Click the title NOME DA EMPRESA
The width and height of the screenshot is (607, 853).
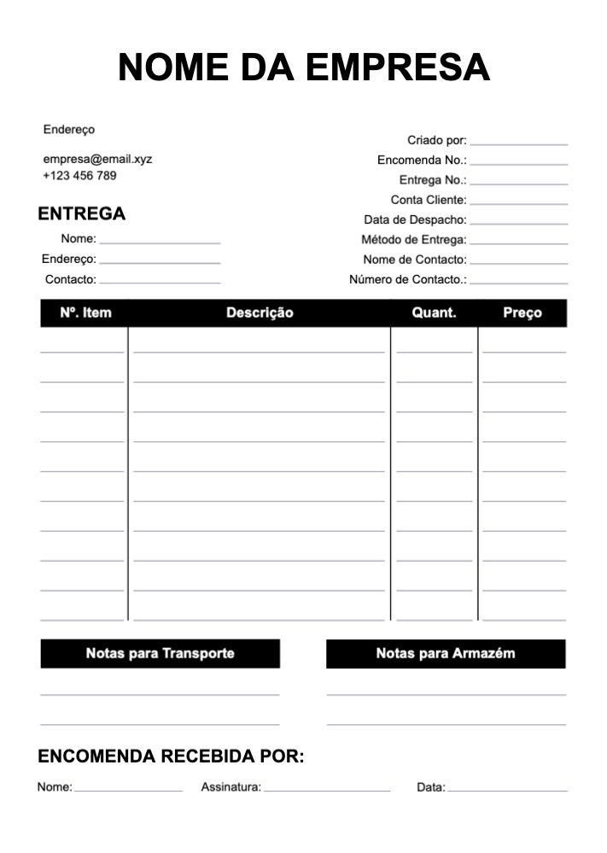(304, 67)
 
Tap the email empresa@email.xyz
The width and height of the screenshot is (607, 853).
(97, 159)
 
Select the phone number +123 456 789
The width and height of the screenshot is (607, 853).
(79, 176)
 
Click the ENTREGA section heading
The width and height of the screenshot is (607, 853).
(82, 213)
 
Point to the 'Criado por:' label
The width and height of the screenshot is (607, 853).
(436, 140)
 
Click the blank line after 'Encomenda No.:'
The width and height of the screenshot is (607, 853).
(518, 162)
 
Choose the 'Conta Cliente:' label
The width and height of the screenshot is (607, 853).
(429, 200)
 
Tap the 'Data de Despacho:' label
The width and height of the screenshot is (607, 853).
(415, 219)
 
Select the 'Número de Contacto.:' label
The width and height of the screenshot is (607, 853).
(408, 279)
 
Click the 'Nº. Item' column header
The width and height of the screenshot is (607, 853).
(85, 313)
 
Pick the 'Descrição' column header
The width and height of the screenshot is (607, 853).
(260, 313)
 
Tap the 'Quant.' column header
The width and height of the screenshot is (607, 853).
(434, 313)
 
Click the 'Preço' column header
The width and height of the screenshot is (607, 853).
(522, 313)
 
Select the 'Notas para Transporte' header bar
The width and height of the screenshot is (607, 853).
(160, 653)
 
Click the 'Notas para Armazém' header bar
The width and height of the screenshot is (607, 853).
(446, 653)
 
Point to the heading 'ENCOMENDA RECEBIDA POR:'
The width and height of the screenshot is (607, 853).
(171, 757)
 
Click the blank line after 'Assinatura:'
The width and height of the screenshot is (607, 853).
(326, 789)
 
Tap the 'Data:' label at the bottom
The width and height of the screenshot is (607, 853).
(430, 787)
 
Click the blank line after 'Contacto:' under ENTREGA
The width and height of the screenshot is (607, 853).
(160, 281)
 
